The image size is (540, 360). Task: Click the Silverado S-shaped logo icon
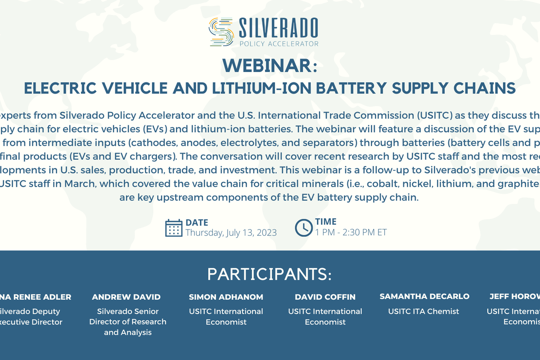(x=221, y=32)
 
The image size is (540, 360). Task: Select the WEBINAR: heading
(x=270, y=66)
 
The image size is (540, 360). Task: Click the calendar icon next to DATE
(x=174, y=228)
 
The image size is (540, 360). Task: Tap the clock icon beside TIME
(x=304, y=228)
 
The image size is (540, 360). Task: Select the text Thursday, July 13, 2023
(x=231, y=233)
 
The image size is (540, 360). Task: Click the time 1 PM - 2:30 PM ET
(x=351, y=232)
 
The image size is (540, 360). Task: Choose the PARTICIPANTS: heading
(x=270, y=274)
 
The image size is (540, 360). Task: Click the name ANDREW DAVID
(x=126, y=297)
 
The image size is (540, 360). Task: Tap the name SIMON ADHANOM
(x=226, y=297)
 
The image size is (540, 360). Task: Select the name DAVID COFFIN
(x=325, y=297)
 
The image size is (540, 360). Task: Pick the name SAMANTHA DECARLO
(x=424, y=297)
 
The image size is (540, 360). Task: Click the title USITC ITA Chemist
(x=424, y=311)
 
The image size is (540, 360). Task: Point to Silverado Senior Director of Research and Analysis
(x=128, y=322)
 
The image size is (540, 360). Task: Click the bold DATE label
(x=197, y=222)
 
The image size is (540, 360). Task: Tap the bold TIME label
(x=326, y=221)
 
